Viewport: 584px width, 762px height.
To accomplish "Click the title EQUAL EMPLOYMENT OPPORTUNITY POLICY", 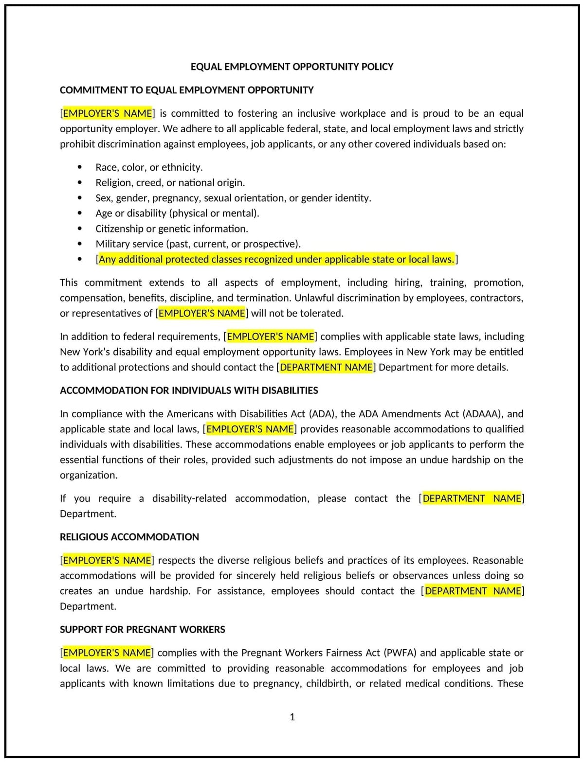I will pyautogui.click(x=292, y=67).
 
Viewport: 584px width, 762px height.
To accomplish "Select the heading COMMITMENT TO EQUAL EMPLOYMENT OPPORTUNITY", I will pyautogui.click(x=186, y=90).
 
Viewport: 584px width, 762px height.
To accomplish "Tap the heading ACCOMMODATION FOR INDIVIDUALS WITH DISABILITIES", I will pyautogui.click(x=189, y=390).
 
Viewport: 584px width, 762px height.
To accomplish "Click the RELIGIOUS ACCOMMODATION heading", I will pyautogui.click(x=129, y=537).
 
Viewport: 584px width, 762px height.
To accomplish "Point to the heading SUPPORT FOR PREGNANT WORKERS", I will pyautogui.click(x=142, y=629).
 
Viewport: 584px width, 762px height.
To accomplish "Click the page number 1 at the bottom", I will pyautogui.click(x=292, y=717).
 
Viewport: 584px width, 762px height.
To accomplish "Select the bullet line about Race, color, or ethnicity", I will pyautogui.click(x=149, y=167).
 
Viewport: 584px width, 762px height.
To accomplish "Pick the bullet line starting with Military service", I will pyautogui.click(x=198, y=244).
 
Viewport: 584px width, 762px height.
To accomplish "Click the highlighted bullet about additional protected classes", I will pyautogui.click(x=276, y=259).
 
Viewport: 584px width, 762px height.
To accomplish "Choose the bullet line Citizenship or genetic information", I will pyautogui.click(x=171, y=229).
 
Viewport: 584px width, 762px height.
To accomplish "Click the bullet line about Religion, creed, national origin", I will pyautogui.click(x=170, y=183).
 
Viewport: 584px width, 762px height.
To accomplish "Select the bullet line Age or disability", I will pyautogui.click(x=177, y=213).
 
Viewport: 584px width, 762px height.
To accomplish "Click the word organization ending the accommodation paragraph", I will pyautogui.click(x=88, y=475).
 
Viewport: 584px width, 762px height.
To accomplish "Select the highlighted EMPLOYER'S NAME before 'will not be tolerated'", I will pyautogui.click(x=202, y=314).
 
